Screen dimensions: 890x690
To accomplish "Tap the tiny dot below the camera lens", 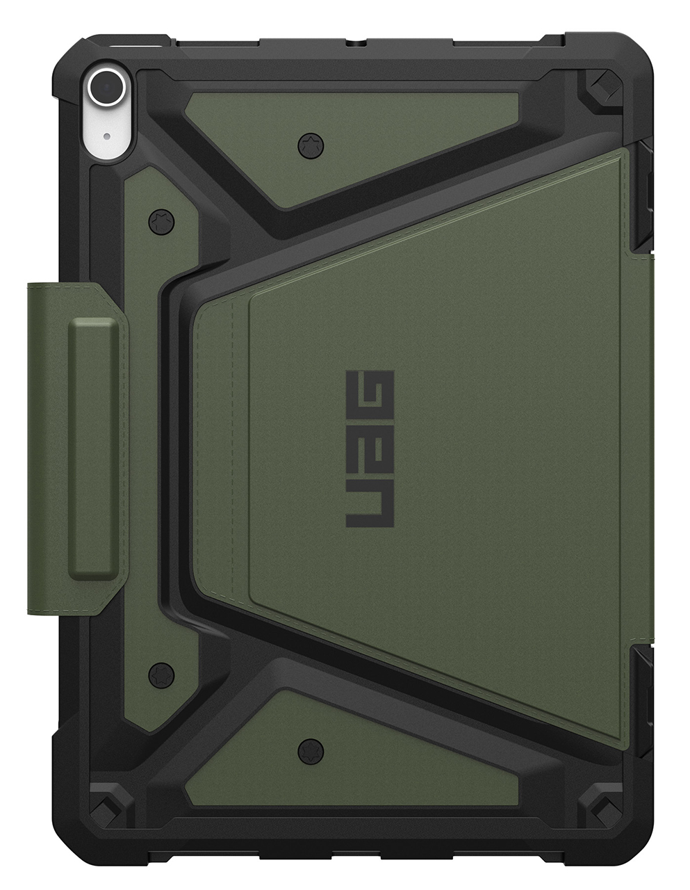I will pyautogui.click(x=107, y=136).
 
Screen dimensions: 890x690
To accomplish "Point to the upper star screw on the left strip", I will pyautogui.click(x=161, y=222).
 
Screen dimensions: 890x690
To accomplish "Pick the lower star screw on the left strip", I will pyautogui.click(x=161, y=672).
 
